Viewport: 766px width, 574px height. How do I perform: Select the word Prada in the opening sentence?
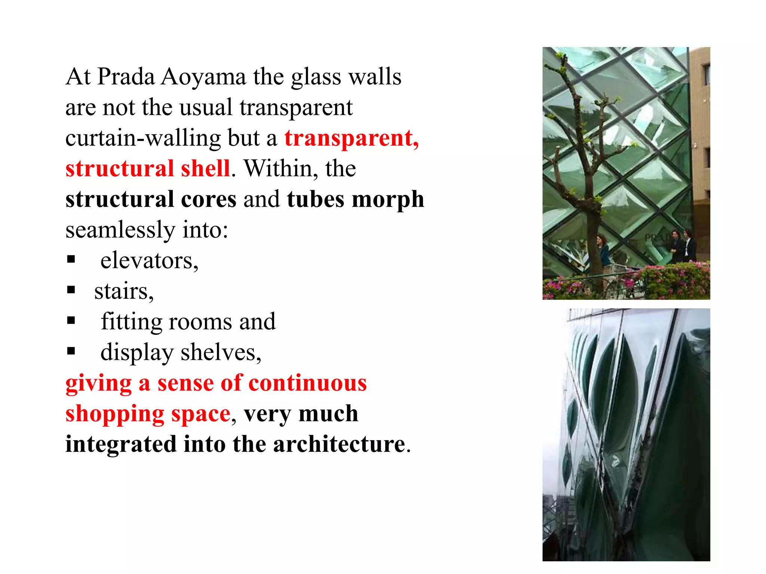[x=126, y=77]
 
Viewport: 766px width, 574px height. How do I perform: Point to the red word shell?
[x=205, y=169]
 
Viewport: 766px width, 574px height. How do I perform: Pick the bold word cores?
[x=209, y=199]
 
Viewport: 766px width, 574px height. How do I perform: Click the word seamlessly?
[x=120, y=230]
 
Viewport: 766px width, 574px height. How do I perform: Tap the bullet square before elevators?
[x=71, y=259]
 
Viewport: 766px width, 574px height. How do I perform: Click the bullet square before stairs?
[x=71, y=290]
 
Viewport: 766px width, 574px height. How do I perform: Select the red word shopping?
[x=115, y=414]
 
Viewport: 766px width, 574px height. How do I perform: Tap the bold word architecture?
[x=339, y=444]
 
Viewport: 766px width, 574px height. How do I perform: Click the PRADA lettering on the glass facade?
[x=655, y=238]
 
